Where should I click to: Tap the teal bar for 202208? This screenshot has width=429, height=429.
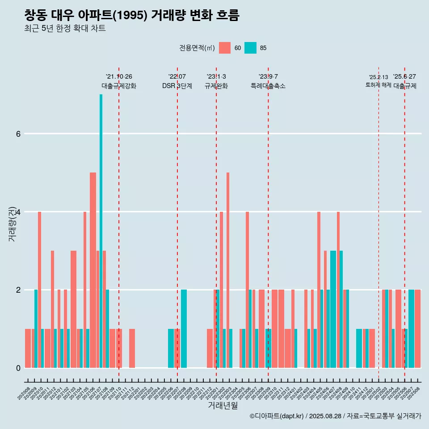(x=184, y=328)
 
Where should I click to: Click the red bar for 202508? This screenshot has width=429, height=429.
(x=418, y=328)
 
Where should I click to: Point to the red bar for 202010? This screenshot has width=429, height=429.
(x=39, y=290)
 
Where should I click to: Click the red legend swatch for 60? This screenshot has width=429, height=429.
(x=225, y=48)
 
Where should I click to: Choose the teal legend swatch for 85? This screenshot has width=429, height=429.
(x=251, y=48)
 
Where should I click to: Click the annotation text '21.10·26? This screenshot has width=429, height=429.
(x=119, y=77)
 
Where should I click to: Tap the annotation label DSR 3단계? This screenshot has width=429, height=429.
(x=177, y=86)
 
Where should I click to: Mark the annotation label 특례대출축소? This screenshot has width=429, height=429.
(x=268, y=86)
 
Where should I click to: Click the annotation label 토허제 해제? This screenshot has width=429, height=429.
(x=378, y=85)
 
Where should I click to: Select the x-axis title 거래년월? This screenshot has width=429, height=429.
(x=223, y=406)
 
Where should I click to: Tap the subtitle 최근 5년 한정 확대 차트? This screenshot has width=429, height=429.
(x=65, y=29)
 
